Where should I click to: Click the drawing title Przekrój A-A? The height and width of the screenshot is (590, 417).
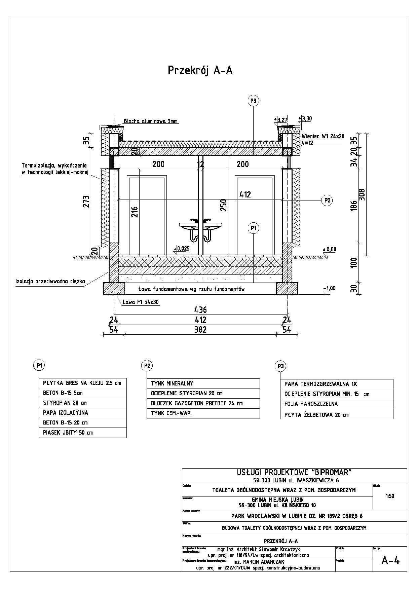pos(200,70)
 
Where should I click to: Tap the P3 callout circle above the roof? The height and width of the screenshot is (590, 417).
pos(254,101)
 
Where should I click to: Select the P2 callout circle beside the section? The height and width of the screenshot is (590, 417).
pos(327,200)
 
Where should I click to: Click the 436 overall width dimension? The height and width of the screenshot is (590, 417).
pos(200,309)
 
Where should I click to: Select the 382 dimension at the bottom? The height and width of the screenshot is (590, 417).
pos(200,330)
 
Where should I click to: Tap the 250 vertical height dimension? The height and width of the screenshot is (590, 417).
pos(224,205)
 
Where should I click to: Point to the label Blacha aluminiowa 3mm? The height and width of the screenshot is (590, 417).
pos(151,121)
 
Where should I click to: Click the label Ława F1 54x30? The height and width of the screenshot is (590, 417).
pos(141,302)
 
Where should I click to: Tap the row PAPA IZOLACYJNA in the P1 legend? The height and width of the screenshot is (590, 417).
pos(65,413)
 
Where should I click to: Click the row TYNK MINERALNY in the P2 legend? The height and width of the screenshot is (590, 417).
pos(172,383)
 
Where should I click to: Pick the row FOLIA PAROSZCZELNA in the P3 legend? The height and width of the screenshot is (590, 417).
pos(311,404)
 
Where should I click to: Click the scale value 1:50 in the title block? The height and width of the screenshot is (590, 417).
pos(390,496)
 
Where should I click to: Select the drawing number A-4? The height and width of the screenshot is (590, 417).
pos(390,560)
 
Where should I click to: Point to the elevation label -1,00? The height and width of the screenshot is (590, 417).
pos(329,288)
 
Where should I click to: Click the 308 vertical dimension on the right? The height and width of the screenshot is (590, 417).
pos(362,194)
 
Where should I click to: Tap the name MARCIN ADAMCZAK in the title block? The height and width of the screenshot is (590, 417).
pos(259,562)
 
